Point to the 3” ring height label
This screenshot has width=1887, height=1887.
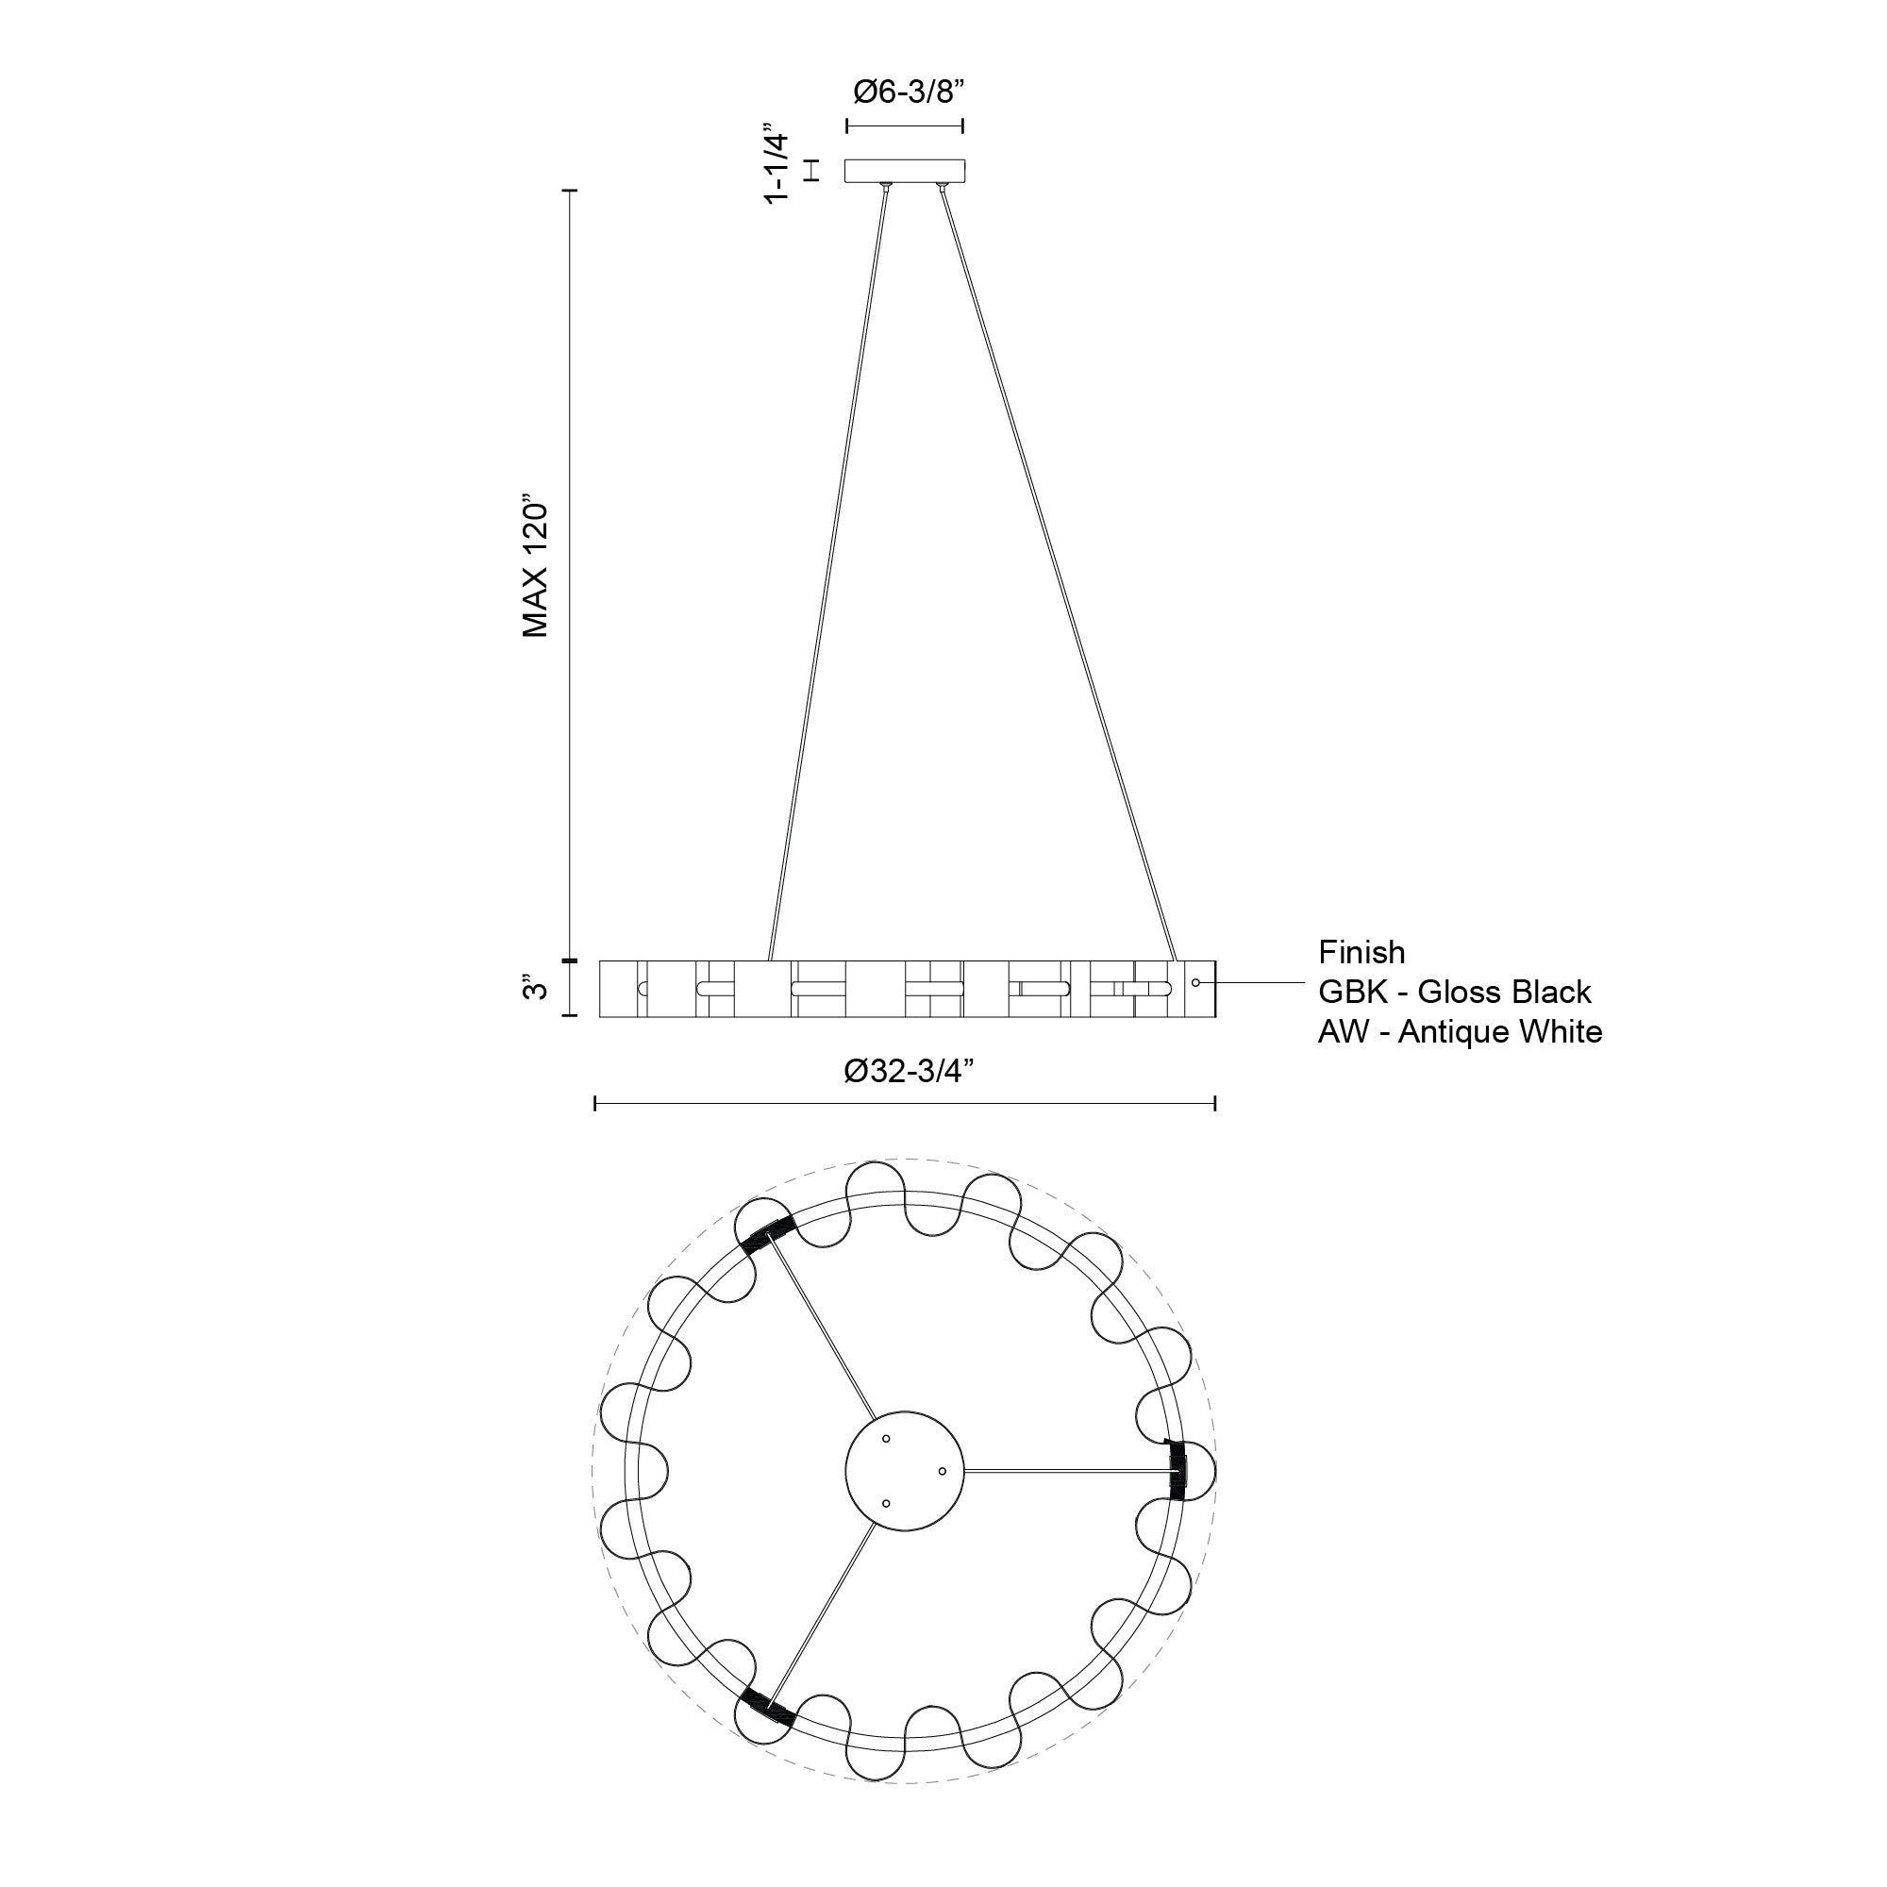pyautogui.click(x=533, y=988)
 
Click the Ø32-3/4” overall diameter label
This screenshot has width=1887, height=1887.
pyautogui.click(x=910, y=1072)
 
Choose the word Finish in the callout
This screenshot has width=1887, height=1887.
pyautogui.click(x=1361, y=952)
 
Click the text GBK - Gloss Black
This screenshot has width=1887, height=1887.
pyautogui.click(x=1454, y=993)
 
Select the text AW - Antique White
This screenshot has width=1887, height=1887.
pyautogui.click(x=1461, y=1031)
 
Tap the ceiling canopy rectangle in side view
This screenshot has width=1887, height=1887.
pyautogui.click(x=905, y=170)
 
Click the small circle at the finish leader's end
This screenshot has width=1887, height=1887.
pyautogui.click(x=1195, y=981)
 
